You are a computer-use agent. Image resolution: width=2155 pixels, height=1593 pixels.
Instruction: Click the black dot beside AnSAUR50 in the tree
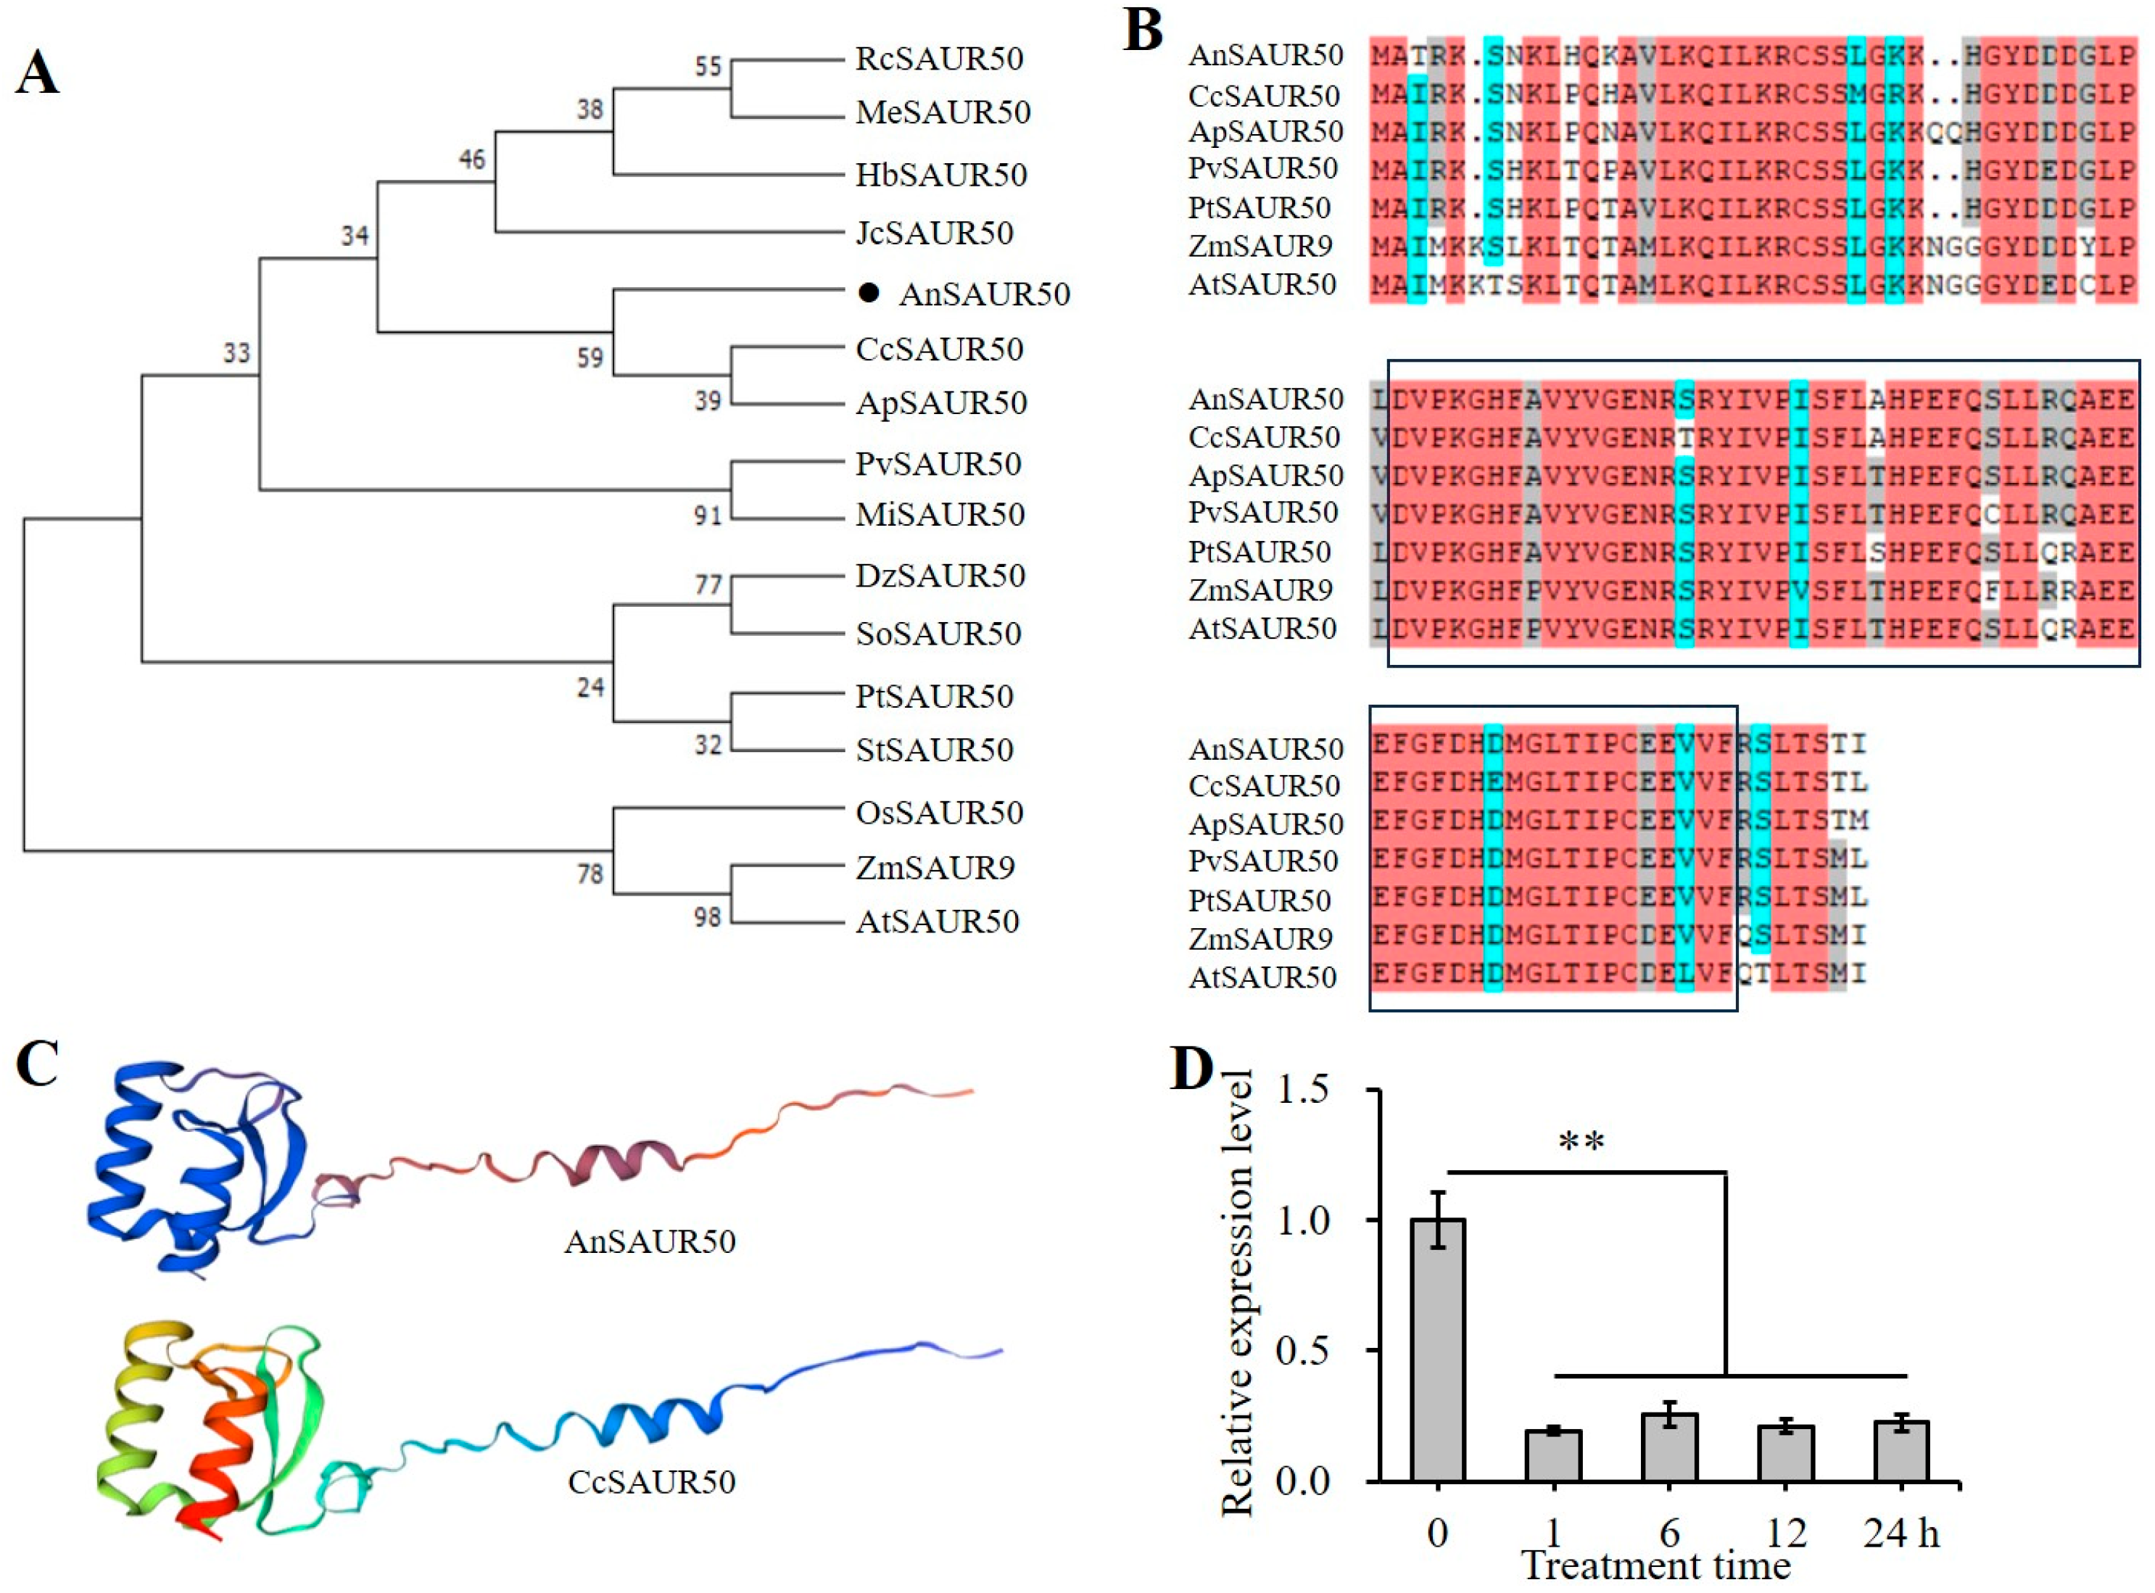click(869, 293)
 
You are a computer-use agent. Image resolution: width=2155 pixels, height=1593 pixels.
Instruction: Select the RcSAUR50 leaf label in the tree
click(939, 59)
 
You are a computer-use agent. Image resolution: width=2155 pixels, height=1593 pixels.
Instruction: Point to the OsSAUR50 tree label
click(939, 813)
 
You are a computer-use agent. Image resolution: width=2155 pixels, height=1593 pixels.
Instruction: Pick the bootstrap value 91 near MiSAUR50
click(708, 516)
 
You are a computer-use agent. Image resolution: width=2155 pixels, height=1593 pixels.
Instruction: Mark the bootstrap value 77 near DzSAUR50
click(708, 584)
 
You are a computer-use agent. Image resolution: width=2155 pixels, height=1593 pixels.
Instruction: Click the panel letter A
click(37, 73)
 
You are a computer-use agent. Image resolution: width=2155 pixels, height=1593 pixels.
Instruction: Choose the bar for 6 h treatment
click(1670, 1447)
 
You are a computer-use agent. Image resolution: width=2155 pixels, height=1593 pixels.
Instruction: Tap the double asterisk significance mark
click(1581, 1143)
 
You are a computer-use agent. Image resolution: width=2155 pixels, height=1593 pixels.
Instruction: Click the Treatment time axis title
click(1655, 1568)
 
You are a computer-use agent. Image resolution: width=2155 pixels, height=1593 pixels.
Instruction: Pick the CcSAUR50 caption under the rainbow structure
click(652, 1481)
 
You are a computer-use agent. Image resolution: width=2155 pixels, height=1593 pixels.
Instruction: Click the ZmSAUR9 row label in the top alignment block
click(1260, 247)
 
